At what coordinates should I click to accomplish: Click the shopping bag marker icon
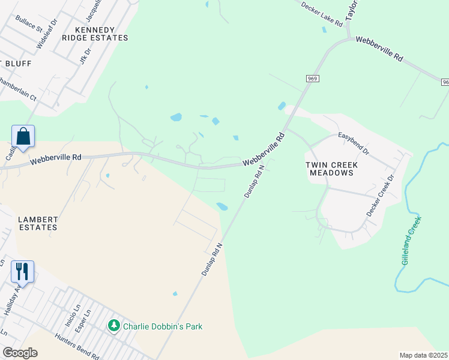[23, 136]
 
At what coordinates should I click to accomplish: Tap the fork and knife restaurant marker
[22, 272]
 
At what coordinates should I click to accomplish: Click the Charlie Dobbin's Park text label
[162, 326]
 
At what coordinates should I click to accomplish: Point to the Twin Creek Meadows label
[330, 168]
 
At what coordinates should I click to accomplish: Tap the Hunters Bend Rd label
[75, 346]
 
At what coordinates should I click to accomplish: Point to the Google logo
[19, 352]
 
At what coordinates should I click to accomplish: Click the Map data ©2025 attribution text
[423, 355]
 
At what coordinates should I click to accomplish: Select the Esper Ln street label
[88, 315]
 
